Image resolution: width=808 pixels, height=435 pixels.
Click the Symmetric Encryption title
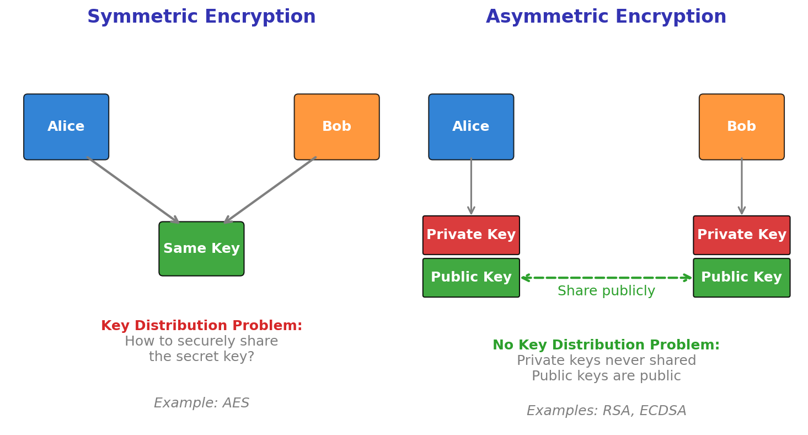(201, 17)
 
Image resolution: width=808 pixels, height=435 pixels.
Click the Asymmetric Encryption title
(606, 17)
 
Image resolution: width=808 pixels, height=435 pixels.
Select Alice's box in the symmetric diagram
(66, 127)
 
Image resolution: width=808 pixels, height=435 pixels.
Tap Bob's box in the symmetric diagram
(336, 127)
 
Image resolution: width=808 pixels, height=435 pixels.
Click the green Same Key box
(201, 249)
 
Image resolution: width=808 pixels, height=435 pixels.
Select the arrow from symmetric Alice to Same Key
(132, 190)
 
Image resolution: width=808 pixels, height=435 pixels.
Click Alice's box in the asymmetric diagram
(471, 127)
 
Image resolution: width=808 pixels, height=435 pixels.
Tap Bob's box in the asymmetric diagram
(741, 127)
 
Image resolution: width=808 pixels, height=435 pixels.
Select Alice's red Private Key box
(471, 235)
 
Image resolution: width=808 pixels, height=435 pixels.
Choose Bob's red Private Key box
(741, 235)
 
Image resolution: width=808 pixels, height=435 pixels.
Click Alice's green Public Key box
(471, 278)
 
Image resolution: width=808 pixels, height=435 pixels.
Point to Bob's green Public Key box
(741, 278)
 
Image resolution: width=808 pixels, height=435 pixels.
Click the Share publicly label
(606, 291)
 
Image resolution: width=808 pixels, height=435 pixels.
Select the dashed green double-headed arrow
(606, 278)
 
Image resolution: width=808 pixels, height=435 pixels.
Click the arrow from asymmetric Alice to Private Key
(471, 188)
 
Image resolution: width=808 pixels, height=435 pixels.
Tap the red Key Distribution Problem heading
(201, 326)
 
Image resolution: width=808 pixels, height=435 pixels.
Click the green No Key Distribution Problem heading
(606, 346)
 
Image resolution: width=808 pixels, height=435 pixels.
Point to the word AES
(236, 404)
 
